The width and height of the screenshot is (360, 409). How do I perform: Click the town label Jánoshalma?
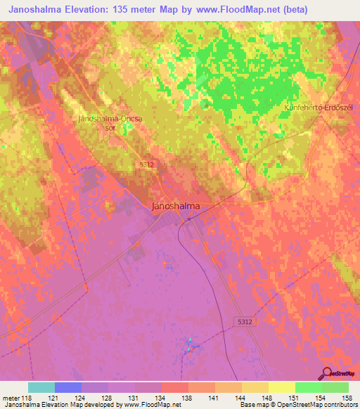tap(176, 207)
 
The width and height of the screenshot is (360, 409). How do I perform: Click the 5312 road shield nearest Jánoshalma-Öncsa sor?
tap(147, 163)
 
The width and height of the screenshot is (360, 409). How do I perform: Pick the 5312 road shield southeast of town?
tap(244, 320)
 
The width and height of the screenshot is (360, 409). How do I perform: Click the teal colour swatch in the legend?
tap(41, 387)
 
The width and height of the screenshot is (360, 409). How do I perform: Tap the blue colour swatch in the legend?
tap(68, 387)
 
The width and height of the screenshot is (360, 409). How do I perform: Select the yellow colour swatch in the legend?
tap(281, 387)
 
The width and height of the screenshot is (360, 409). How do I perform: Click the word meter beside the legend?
tap(11, 397)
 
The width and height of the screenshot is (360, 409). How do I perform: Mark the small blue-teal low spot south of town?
tap(189, 344)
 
